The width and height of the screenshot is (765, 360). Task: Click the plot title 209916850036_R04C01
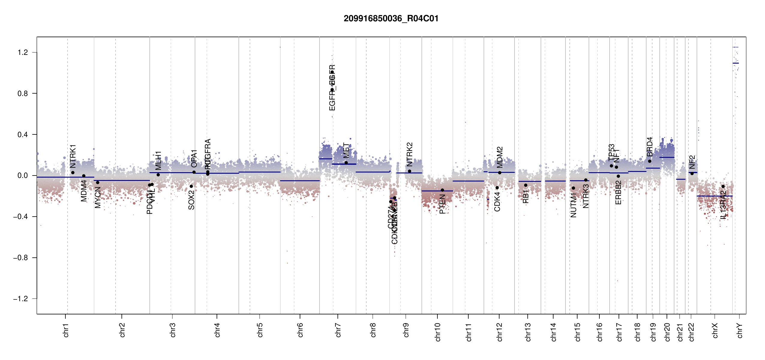point(391,19)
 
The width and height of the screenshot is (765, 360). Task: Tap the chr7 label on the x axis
point(338,330)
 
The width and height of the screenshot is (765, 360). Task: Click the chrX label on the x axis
point(715,330)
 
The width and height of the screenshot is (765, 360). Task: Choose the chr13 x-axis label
point(528,332)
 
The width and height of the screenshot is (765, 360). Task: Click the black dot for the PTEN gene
point(442,190)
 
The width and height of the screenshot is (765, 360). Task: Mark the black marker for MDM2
point(499,173)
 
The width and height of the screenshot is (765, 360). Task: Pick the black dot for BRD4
point(649,161)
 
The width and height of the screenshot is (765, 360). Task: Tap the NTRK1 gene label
point(73,156)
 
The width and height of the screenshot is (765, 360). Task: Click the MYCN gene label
point(98,197)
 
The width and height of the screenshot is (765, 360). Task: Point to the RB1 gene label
point(526,196)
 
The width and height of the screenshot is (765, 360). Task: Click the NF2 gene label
point(692,162)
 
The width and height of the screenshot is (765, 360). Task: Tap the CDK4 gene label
point(497,202)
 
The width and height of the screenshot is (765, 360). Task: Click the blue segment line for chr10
point(437,191)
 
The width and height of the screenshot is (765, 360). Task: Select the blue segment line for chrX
point(714,196)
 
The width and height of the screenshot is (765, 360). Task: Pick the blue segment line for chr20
point(667,157)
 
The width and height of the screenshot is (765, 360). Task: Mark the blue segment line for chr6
point(300,181)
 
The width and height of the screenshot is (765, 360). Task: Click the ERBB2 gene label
point(618,192)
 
